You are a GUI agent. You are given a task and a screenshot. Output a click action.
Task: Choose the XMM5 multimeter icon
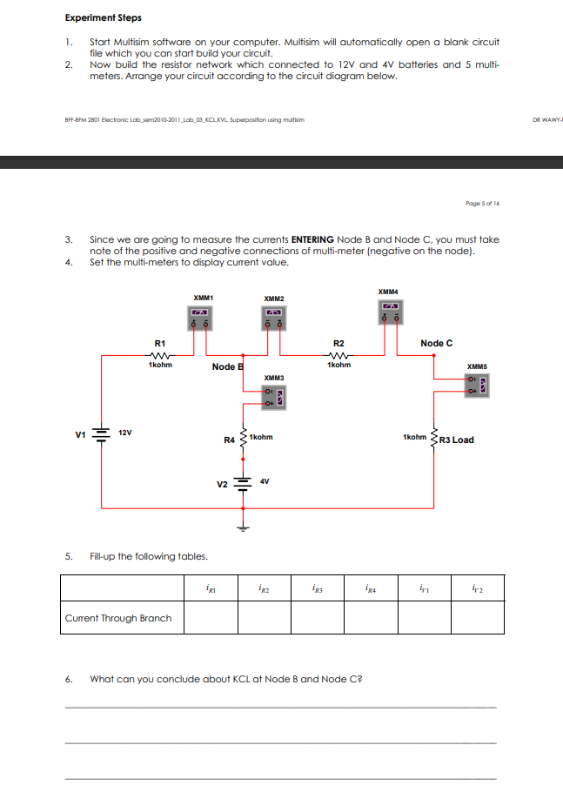[478, 383]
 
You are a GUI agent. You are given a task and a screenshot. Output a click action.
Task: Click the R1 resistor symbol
[159, 355]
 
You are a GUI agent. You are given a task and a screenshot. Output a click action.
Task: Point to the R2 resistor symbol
[339, 355]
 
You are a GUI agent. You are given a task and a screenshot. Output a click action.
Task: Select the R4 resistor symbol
[243, 438]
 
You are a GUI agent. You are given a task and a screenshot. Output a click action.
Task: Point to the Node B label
[226, 366]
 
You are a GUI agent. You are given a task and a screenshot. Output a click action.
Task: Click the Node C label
[436, 343]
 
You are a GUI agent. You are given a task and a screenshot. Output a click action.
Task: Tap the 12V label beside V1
[126, 433]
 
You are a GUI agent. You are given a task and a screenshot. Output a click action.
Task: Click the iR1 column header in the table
[211, 588]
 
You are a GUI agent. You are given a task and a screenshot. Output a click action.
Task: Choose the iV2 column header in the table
[477, 588]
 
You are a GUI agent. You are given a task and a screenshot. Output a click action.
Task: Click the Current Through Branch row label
[118, 618]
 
